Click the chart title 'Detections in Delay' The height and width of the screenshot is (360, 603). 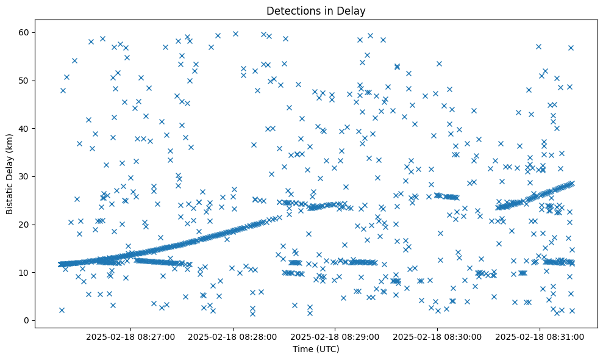coord(316,10)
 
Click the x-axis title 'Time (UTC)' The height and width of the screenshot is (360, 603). coord(316,350)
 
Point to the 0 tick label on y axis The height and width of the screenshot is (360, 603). coord(27,320)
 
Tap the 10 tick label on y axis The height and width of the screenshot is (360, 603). coord(24,272)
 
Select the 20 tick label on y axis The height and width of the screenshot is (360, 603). coord(24,225)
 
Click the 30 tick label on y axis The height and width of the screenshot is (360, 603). coord(24,176)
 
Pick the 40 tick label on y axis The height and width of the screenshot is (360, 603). coord(24,128)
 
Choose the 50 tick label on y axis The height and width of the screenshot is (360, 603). coord(24,81)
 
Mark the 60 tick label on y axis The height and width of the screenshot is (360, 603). coord(24,32)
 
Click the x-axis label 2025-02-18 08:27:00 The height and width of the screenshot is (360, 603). coord(130,336)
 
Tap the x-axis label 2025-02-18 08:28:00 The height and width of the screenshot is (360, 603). coord(233,336)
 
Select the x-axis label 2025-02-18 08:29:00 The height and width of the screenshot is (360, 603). coord(335,336)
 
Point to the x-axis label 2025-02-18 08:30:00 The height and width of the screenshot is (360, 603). coord(437,336)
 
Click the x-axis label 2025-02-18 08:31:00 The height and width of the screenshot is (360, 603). coord(540,336)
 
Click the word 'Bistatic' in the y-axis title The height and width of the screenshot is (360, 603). coord(10,198)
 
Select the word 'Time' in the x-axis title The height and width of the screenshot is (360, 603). coord(303,350)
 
